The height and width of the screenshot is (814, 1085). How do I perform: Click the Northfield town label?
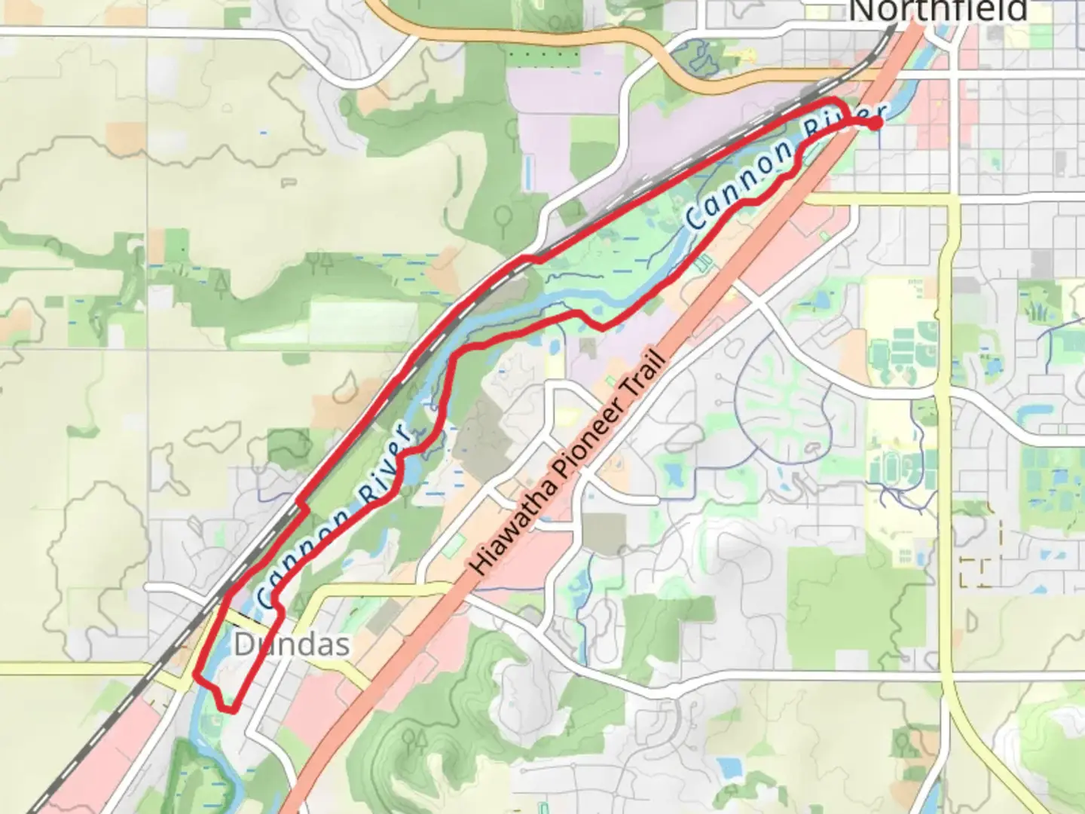(x=938, y=11)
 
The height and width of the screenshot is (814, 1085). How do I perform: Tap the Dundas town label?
(x=292, y=644)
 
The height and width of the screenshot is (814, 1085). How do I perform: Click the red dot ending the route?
(x=876, y=123)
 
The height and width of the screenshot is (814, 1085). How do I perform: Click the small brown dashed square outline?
(x=976, y=573)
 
